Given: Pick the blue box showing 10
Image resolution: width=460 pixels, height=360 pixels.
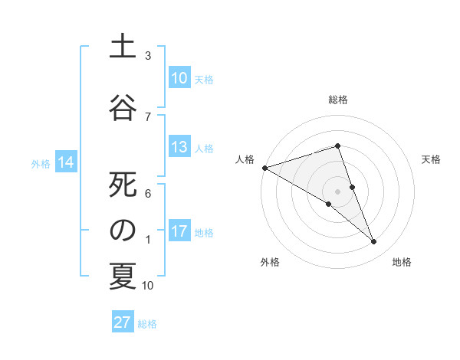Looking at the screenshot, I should pyautogui.click(x=179, y=78).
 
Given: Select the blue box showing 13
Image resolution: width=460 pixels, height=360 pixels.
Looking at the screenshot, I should pyautogui.click(x=179, y=147).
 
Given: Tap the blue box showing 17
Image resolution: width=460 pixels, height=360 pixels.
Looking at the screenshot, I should pyautogui.click(x=179, y=231).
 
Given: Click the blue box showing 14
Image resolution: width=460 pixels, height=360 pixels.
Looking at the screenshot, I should pyautogui.click(x=66, y=162).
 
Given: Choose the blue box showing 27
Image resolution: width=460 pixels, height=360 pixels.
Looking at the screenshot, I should pyautogui.click(x=123, y=322).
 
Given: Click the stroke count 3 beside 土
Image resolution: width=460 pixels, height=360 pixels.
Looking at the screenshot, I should pyautogui.click(x=148, y=56).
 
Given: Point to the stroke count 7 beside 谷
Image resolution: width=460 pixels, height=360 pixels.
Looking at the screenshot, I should pyautogui.click(x=148, y=116).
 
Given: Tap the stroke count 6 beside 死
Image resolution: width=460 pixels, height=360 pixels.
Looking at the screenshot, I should pyautogui.click(x=148, y=194).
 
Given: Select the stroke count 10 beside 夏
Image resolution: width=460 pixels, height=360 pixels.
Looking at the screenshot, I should pyautogui.click(x=148, y=286).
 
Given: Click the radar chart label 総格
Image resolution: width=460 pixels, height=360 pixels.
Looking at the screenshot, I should pyautogui.click(x=337, y=100).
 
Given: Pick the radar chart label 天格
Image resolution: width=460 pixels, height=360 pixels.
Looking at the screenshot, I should pyautogui.click(x=432, y=159).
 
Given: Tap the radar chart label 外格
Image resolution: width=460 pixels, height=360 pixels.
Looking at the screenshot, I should pyautogui.click(x=269, y=262).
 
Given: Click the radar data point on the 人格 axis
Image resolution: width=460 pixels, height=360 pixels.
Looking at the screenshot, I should pyautogui.click(x=264, y=167).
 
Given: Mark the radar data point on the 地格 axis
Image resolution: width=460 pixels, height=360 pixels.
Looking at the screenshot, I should pyautogui.click(x=373, y=242).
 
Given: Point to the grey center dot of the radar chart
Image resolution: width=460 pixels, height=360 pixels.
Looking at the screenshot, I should pyautogui.click(x=337, y=191).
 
